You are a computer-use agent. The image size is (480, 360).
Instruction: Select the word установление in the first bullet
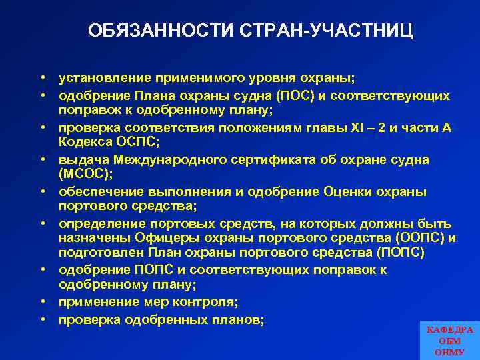99,79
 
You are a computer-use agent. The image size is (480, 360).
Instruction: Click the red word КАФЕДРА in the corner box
450,330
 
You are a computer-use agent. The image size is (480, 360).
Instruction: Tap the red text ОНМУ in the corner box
450,351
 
